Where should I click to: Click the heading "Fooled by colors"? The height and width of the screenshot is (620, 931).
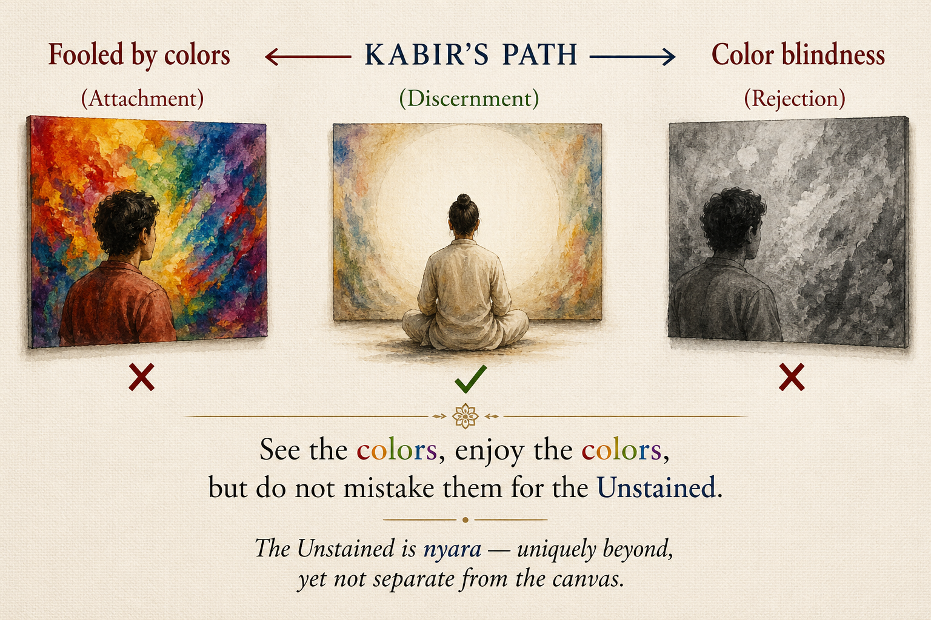(139, 55)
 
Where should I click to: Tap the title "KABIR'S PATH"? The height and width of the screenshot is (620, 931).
(471, 55)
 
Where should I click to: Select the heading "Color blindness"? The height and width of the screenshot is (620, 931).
(798, 54)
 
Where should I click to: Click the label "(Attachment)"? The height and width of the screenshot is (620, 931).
(142, 99)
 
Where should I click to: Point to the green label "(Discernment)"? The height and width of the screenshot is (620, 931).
(469, 99)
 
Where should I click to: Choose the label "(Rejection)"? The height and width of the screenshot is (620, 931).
(794, 99)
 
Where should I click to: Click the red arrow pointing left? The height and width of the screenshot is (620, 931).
(308, 56)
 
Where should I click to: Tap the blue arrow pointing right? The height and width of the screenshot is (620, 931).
(632, 56)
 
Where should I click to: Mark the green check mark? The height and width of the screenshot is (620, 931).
(470, 379)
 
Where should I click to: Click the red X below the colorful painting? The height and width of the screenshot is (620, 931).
(141, 377)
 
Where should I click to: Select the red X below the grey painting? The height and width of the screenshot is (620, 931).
(792, 377)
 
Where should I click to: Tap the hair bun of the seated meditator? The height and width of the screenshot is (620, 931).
(464, 202)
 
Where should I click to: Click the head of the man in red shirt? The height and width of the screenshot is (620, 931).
(126, 222)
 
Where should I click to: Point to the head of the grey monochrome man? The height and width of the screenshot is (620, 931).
(732, 219)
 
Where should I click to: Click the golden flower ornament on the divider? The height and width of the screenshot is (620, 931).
(465, 416)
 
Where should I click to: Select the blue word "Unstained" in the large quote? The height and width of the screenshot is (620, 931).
(656, 487)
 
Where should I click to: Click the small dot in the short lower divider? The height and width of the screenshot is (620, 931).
(465, 520)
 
